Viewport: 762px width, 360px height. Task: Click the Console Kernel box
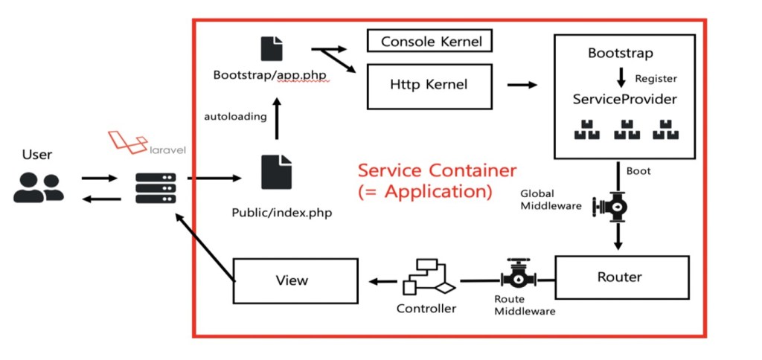[429, 41]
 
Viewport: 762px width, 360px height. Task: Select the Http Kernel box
[429, 85]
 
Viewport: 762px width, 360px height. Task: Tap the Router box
[619, 277]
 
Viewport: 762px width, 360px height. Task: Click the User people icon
[38, 187]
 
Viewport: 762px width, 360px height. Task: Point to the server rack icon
[156, 187]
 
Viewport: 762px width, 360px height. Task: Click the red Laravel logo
[124, 142]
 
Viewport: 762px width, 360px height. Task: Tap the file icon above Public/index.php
[276, 173]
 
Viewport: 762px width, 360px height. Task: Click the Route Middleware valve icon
[520, 278]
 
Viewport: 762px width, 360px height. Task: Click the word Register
[656, 77]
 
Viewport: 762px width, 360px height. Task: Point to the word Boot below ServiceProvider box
[638, 171]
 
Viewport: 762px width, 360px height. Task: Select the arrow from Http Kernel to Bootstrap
[522, 85]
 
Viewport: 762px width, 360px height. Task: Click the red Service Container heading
[437, 171]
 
